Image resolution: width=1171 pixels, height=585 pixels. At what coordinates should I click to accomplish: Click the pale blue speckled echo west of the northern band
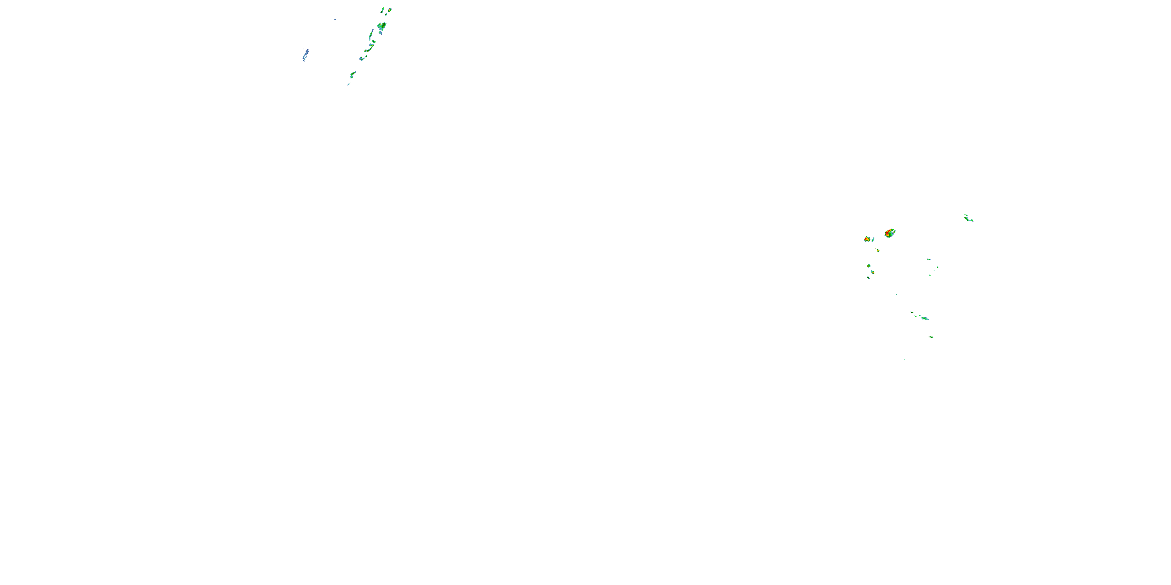306,55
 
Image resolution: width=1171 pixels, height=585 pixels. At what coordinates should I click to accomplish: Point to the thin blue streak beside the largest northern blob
372,34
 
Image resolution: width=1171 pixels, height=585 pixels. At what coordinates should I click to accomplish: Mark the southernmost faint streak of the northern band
349,84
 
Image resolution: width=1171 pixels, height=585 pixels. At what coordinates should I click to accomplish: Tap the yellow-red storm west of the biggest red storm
867,239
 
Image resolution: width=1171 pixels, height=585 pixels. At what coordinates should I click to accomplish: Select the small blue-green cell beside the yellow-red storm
873,239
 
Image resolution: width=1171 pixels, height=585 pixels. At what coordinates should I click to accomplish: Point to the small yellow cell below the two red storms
877,250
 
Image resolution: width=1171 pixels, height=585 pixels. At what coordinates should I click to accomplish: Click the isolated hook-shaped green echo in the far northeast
968,218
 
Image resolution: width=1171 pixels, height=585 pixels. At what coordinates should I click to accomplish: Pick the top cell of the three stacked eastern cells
869,266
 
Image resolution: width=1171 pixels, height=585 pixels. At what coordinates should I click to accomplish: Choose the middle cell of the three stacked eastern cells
872,273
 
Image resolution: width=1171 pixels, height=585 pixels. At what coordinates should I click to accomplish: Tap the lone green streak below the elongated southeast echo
931,337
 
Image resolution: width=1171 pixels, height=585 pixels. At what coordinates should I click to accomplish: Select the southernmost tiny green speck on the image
904,359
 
